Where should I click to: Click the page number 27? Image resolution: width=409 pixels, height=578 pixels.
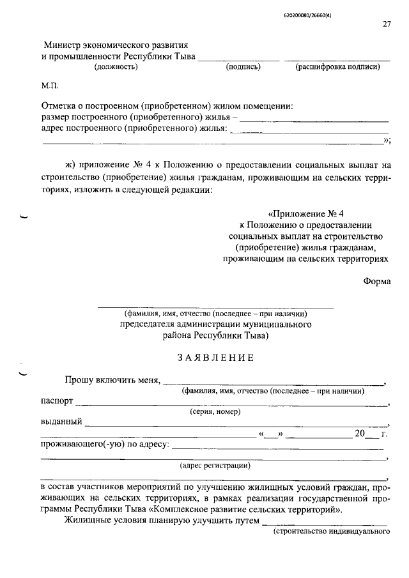point(386,25)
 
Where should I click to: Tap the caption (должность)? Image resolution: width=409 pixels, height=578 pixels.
point(116,68)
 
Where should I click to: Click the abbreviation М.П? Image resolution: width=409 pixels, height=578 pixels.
point(50,86)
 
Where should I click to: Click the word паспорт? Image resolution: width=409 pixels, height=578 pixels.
point(57,402)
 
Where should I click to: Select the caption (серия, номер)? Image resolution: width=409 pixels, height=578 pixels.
point(215,412)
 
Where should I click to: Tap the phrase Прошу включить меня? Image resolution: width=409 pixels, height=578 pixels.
point(111,381)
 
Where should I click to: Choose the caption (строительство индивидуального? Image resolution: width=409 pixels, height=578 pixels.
point(331,531)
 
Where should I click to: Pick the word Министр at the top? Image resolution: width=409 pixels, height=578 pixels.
point(66,46)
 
